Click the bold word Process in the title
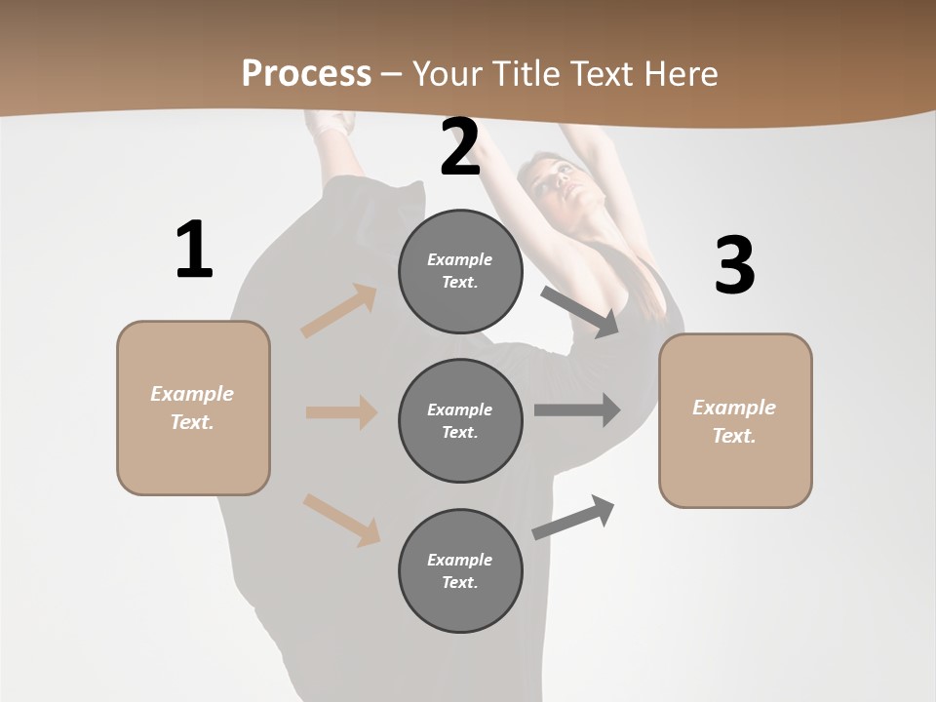point(306,73)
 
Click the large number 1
point(194,251)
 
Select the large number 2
point(460,147)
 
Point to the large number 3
point(734,265)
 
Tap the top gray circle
point(460,271)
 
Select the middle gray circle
point(460,421)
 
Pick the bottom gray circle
point(460,571)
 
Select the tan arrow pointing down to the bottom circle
point(342,519)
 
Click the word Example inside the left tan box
point(192,394)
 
